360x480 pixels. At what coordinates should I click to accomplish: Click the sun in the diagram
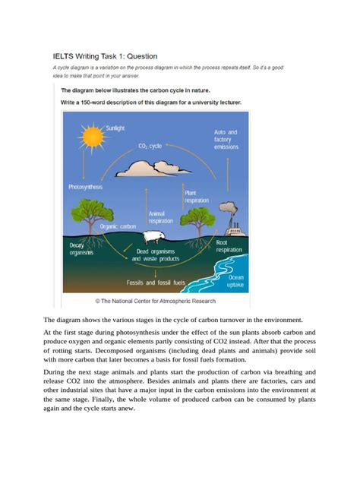point(92,137)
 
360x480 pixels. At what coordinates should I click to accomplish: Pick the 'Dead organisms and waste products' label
point(157,254)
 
